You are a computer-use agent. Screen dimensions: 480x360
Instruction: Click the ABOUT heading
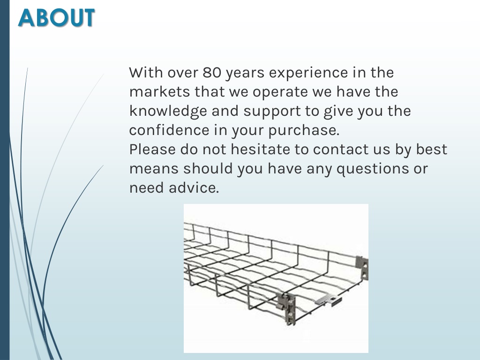tap(56, 17)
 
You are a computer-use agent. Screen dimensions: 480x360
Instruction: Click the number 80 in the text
tap(211, 73)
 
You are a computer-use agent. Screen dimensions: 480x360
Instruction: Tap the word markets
tap(159, 91)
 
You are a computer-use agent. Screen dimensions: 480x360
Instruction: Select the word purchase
tap(304, 131)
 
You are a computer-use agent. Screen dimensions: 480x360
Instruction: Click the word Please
tap(152, 149)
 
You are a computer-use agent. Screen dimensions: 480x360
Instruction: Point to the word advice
tap(194, 187)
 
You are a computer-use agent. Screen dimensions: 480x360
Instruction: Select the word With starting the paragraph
tap(146, 73)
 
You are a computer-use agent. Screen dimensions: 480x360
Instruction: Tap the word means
tap(154, 169)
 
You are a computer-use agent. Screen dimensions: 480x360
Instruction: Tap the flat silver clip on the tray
tap(328, 300)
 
